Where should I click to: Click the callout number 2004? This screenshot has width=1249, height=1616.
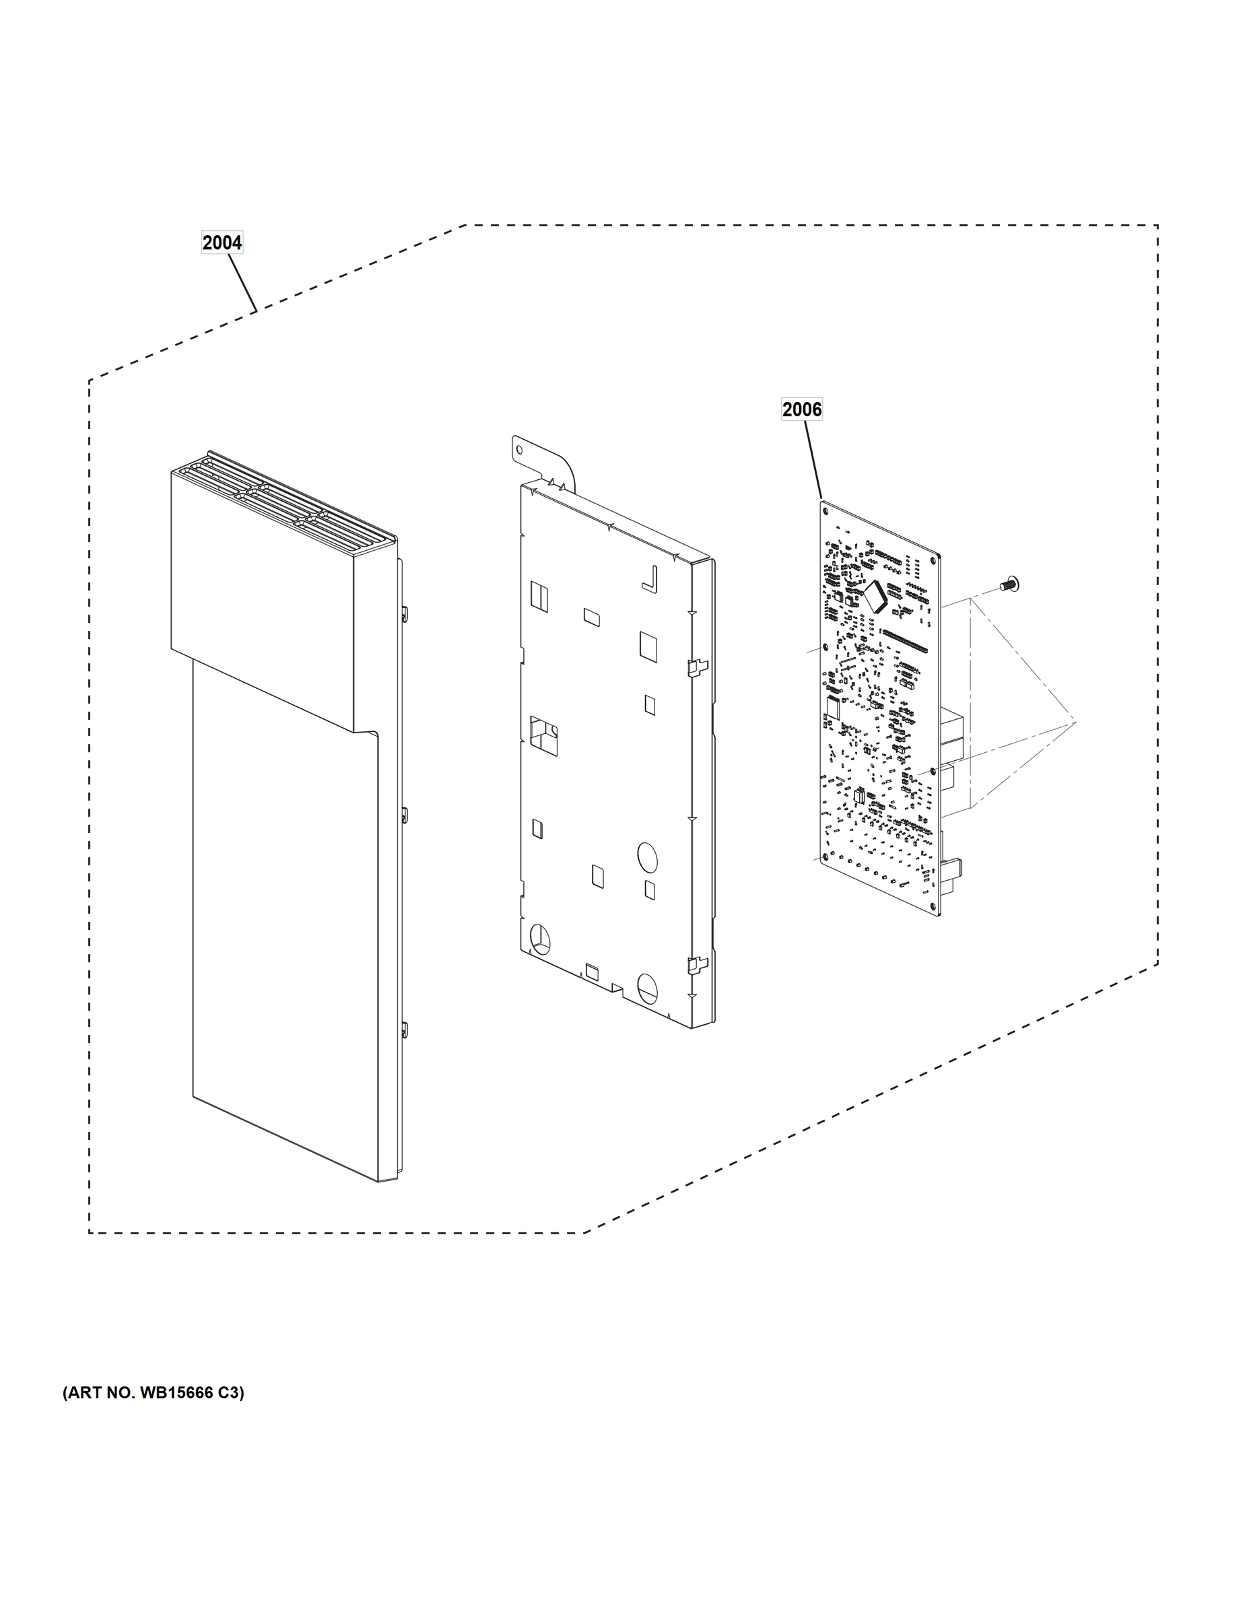(222, 242)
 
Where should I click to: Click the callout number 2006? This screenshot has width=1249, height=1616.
(801, 409)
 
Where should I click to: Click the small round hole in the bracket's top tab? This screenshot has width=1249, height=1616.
(520, 449)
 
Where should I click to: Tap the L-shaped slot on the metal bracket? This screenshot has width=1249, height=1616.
(650, 579)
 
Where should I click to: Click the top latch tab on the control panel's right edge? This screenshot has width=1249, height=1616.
(405, 612)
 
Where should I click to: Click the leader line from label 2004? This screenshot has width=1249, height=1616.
(242, 283)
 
